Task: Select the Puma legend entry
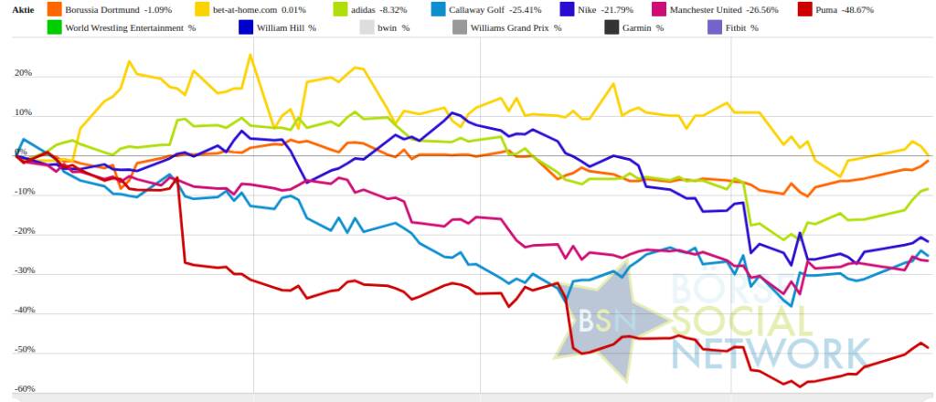click(851, 10)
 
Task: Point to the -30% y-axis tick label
click(18, 271)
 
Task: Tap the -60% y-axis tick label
click(18, 389)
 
